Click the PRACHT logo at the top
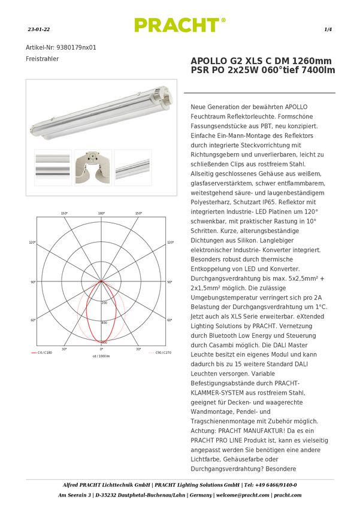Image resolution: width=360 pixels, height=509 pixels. coord(180,25)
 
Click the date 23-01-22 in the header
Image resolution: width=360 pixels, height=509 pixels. coord(38,29)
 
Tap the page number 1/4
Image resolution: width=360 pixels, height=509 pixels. coord(328,29)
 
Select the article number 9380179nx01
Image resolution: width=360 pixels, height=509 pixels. coord(76,47)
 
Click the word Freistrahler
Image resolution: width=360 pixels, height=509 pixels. coord(42,59)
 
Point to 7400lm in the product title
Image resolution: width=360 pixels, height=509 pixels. coord(319,70)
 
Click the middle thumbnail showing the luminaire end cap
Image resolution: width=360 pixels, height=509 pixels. coord(93,168)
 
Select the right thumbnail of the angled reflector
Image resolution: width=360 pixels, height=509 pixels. coord(133,168)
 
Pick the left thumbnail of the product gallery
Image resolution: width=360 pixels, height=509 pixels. coord(53,168)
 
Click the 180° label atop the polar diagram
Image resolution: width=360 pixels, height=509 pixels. coord(101,213)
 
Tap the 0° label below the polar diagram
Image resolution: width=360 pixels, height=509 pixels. coord(101,349)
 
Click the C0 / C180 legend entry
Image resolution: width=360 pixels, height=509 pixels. coord(41,353)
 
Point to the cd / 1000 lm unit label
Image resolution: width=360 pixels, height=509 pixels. coord(101,356)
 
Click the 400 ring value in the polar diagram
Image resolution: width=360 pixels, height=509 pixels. coord(104,323)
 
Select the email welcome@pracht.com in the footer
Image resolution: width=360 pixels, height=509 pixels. coord(243,495)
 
